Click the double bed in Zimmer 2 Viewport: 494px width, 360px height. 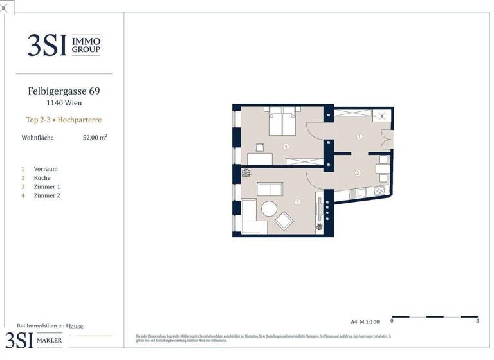click(x=282, y=122)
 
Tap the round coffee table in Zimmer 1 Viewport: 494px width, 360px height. click(x=268, y=208)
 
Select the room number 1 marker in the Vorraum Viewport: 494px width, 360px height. click(x=360, y=136)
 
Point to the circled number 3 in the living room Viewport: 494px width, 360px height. click(x=297, y=203)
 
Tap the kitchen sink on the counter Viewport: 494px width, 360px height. click(x=361, y=191)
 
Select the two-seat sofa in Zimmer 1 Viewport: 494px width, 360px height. click(x=270, y=189)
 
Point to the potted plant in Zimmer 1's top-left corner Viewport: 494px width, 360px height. click(x=245, y=172)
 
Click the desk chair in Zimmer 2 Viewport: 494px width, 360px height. click(x=259, y=147)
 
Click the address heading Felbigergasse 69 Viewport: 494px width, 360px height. click(x=64, y=91)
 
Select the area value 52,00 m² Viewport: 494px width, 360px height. click(x=95, y=137)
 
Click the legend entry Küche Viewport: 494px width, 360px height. click(x=42, y=177)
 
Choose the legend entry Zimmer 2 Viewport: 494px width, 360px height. click(x=46, y=195)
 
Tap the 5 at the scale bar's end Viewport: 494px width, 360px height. click(x=477, y=320)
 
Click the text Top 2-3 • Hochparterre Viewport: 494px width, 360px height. click(x=64, y=120)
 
